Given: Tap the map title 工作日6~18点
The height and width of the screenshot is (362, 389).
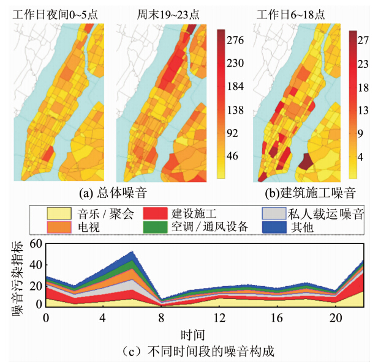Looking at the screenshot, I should tap(292, 12).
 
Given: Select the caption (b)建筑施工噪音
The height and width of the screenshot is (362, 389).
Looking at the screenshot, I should tap(303, 193).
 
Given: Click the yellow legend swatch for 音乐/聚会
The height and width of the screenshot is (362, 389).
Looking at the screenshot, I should tap(60, 213).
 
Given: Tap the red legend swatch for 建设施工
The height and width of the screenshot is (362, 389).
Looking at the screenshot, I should tap(156, 213).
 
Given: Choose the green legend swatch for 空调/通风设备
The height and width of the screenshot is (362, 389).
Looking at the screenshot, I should tap(156, 227).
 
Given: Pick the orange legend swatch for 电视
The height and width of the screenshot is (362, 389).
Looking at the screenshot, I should tap(60, 227).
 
